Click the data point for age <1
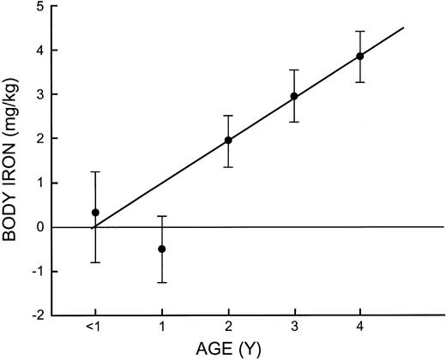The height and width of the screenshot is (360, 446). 95,213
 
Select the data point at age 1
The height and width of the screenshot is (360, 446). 161,249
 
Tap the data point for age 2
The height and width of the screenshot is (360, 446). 228,141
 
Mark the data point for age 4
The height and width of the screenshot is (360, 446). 360,57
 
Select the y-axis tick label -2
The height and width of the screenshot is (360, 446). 39,315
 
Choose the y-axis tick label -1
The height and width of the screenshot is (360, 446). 39,272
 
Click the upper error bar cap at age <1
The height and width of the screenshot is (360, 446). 95,172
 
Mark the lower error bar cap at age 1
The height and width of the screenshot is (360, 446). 161,282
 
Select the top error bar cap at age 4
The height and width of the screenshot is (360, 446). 360,32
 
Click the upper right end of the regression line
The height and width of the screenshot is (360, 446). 403,27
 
